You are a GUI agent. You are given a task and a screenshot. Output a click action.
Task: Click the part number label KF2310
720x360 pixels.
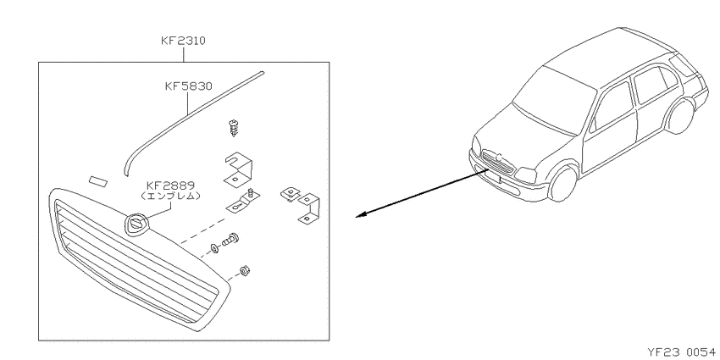(x=183, y=41)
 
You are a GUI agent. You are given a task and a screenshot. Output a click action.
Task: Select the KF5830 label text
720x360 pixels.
(x=189, y=86)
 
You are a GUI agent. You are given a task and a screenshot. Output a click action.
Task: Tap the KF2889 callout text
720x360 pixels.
(x=170, y=186)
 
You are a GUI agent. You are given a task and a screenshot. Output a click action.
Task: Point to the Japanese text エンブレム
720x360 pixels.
(x=170, y=196)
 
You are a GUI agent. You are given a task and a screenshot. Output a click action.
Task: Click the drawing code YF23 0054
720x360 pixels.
(x=681, y=352)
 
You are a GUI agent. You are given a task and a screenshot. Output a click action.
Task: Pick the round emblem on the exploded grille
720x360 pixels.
(x=136, y=224)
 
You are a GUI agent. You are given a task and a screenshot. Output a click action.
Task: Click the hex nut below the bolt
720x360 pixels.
(x=244, y=271)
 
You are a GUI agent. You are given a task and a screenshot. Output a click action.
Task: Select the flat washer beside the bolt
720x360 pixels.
(x=214, y=249)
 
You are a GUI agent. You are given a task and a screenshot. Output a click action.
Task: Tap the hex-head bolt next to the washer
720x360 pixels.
(x=230, y=240)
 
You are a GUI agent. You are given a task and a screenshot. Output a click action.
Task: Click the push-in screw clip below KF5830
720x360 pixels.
(x=234, y=128)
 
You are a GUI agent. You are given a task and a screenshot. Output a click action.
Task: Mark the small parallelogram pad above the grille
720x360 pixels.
(x=97, y=181)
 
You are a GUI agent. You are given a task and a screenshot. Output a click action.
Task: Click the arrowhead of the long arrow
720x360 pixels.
(x=361, y=215)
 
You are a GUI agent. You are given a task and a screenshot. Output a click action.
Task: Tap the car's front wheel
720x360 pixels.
(x=563, y=183)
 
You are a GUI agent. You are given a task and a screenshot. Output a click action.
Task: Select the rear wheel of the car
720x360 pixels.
(x=680, y=117)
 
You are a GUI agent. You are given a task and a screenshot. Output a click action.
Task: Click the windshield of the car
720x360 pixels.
(x=554, y=100)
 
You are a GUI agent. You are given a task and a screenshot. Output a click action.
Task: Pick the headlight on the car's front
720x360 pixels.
(x=526, y=175)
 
